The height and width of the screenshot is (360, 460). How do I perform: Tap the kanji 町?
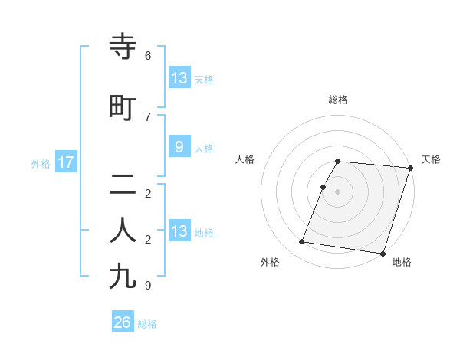pyautogui.click(x=123, y=107)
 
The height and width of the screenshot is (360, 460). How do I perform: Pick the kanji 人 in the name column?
pyautogui.click(x=123, y=231)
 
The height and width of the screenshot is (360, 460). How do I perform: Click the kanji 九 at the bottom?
pyautogui.click(x=123, y=276)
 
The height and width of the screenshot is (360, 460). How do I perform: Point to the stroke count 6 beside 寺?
pyautogui.click(x=148, y=56)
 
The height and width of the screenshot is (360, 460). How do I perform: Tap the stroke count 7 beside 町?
pyautogui.click(x=148, y=116)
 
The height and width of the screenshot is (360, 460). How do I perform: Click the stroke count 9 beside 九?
pyautogui.click(x=148, y=286)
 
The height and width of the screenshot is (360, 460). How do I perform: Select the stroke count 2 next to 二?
pyautogui.click(x=148, y=193)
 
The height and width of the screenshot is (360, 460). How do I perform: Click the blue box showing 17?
pyautogui.click(x=65, y=162)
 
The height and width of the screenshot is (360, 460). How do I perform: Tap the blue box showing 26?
pyautogui.click(x=122, y=323)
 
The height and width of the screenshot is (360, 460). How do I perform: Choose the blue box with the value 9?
pyautogui.click(x=179, y=147)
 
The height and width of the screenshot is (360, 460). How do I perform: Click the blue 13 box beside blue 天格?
pyautogui.click(x=179, y=78)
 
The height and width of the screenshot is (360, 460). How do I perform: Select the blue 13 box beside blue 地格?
pyautogui.click(x=179, y=231)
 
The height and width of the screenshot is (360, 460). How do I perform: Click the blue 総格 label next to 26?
pyautogui.click(x=147, y=324)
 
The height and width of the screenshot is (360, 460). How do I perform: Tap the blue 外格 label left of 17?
pyautogui.click(x=41, y=163)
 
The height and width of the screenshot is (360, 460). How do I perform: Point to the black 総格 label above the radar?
pyautogui.click(x=338, y=100)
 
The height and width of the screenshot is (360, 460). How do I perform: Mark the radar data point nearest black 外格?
pyautogui.click(x=302, y=242)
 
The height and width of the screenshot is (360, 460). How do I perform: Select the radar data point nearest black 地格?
pyautogui.click(x=382, y=253)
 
